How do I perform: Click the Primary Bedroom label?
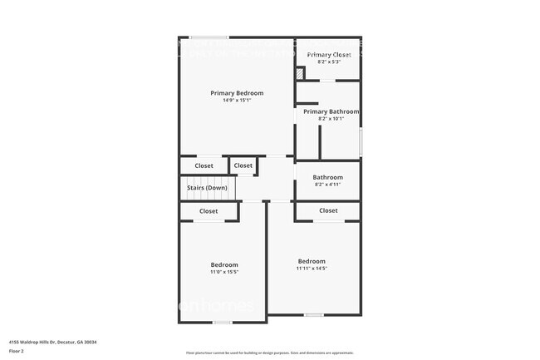pos(237,93)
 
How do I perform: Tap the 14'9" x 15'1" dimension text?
pos(237,101)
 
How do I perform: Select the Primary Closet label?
pos(329,55)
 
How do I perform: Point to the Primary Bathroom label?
pos(331,111)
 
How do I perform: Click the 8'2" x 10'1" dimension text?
pos(331,119)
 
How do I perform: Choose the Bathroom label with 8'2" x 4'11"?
pos(327,177)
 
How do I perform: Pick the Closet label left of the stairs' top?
pos(204,165)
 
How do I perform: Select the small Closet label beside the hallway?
pos(243,165)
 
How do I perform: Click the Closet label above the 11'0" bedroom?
pos(209,211)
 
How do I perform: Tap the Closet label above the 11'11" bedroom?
pos(328,210)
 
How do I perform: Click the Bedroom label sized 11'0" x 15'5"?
pos(224,264)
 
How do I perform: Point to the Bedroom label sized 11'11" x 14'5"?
pos(312,260)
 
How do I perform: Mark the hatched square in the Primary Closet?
pos(300,73)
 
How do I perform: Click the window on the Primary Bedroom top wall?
pos(209,37)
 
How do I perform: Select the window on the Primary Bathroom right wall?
pos(360,141)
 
